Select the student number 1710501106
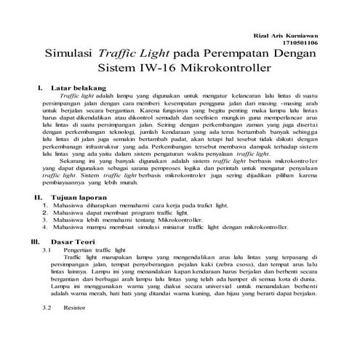(300, 44)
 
